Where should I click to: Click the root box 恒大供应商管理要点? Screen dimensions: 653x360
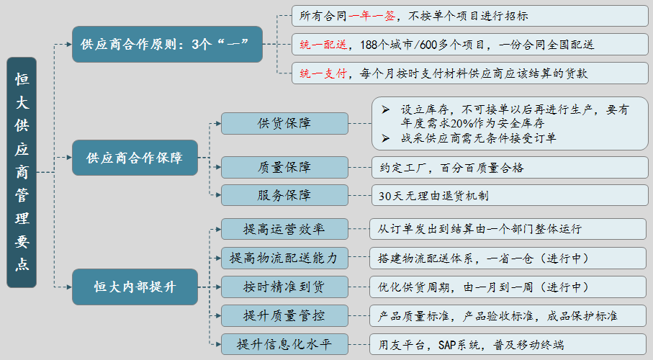[x=22, y=172]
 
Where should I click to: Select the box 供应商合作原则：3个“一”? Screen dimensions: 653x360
[x=168, y=44]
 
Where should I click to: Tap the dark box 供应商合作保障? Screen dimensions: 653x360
[x=135, y=158]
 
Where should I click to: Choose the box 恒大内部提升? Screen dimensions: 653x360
[x=135, y=287]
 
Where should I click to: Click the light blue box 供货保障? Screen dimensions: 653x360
[x=284, y=123]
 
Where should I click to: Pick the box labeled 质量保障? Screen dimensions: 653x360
[x=284, y=167]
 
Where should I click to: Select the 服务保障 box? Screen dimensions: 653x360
[x=284, y=195]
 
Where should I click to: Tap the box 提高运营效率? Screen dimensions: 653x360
[x=284, y=229]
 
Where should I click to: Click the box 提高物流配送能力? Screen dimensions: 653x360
[x=284, y=258]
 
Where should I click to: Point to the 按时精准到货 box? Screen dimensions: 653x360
[x=284, y=287]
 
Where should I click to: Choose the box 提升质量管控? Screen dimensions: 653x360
[x=284, y=315]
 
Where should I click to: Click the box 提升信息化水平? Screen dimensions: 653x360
[x=284, y=344]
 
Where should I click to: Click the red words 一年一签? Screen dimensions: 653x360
[x=372, y=16]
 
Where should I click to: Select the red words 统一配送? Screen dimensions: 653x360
[x=323, y=45]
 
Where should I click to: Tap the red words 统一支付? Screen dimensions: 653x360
[x=323, y=73]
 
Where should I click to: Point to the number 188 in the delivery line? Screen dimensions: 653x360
[x=369, y=45]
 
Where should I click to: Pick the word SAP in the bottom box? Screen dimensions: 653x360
[x=447, y=345]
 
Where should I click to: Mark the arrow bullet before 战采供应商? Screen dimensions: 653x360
[x=386, y=138]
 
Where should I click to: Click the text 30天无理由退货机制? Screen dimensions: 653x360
[x=433, y=195]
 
